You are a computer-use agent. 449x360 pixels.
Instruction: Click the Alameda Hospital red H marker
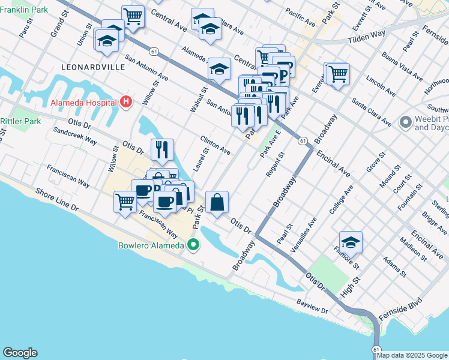tap(125, 102)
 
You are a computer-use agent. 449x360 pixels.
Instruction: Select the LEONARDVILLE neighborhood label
tap(92, 67)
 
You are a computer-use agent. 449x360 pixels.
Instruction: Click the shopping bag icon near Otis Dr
tap(217, 202)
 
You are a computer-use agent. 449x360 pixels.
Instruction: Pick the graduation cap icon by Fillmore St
tap(351, 242)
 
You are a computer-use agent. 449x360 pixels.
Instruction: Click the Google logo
tap(20, 353)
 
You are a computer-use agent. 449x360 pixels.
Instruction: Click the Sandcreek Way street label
tap(75, 135)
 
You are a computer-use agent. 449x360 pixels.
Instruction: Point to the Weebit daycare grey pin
tap(406, 122)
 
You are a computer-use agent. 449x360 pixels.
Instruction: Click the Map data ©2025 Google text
tap(412, 355)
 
